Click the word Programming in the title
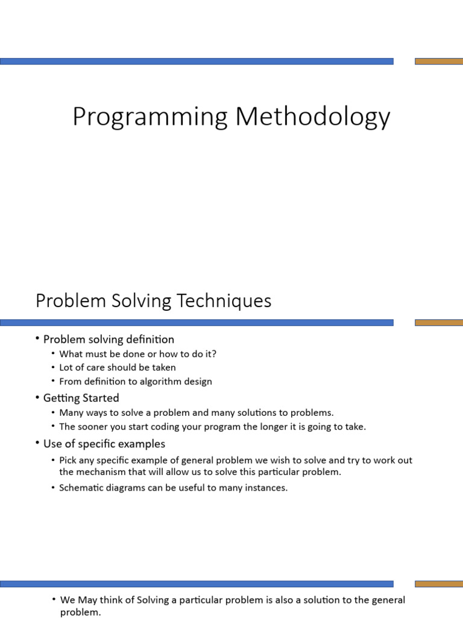point(150,116)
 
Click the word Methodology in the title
point(313,116)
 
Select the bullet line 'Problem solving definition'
point(109,339)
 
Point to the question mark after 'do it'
point(214,354)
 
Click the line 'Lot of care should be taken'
point(118,368)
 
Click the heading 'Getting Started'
point(81,398)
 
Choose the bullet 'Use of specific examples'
point(104,444)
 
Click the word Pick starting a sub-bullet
point(68,460)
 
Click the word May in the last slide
point(87,600)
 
